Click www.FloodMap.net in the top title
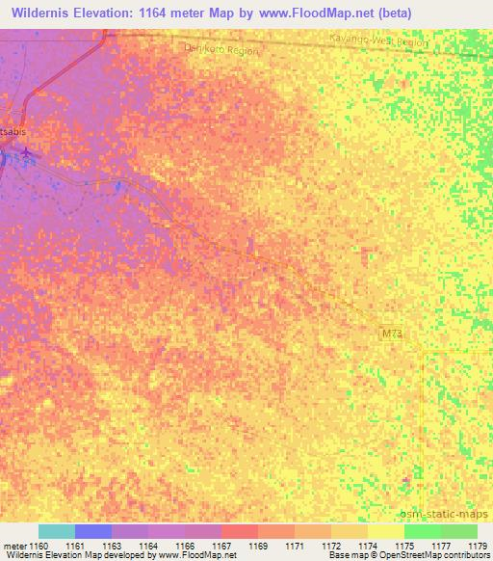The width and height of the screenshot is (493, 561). (316, 13)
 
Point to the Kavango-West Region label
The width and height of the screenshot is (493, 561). (378, 42)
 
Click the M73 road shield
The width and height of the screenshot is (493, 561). (389, 333)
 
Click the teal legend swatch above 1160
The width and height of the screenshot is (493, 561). (57, 531)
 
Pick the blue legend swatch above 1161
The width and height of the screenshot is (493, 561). (93, 531)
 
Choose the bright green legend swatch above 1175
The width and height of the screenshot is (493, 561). (423, 531)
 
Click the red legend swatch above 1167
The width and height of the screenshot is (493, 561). (240, 531)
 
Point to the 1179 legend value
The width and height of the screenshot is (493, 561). (478, 546)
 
